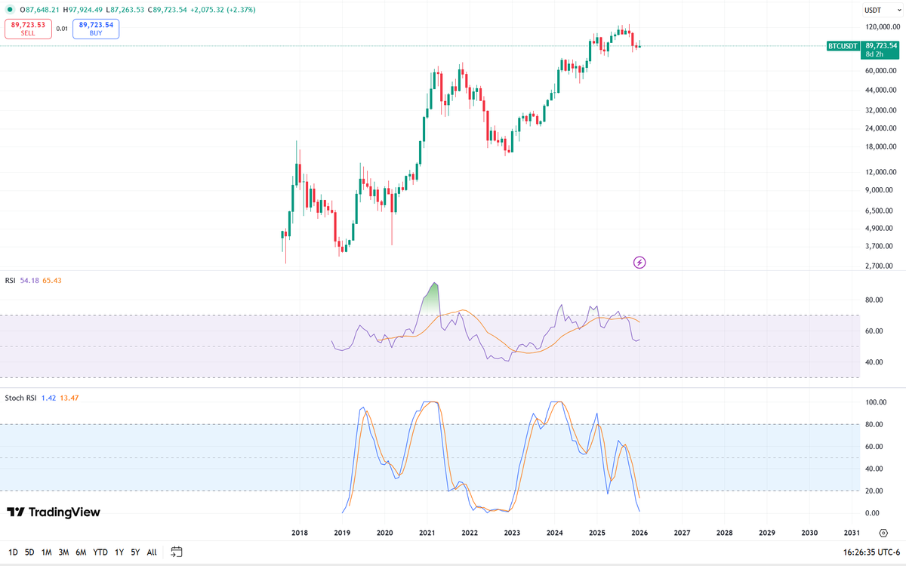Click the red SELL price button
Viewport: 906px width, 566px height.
click(x=28, y=29)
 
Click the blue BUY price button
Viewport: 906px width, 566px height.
click(x=96, y=29)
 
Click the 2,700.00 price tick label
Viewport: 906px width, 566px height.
click(x=880, y=266)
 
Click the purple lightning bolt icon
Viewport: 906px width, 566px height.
click(x=639, y=262)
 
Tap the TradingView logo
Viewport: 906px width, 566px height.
click(x=53, y=512)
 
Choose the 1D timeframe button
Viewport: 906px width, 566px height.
click(x=13, y=552)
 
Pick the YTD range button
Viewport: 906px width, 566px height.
click(x=100, y=552)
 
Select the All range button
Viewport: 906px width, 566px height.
click(x=152, y=552)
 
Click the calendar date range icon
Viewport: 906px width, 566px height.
click(x=177, y=552)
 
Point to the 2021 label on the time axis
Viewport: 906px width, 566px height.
click(x=427, y=532)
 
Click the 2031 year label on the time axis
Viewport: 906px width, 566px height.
click(x=851, y=532)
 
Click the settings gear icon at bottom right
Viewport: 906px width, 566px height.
click(x=883, y=532)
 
